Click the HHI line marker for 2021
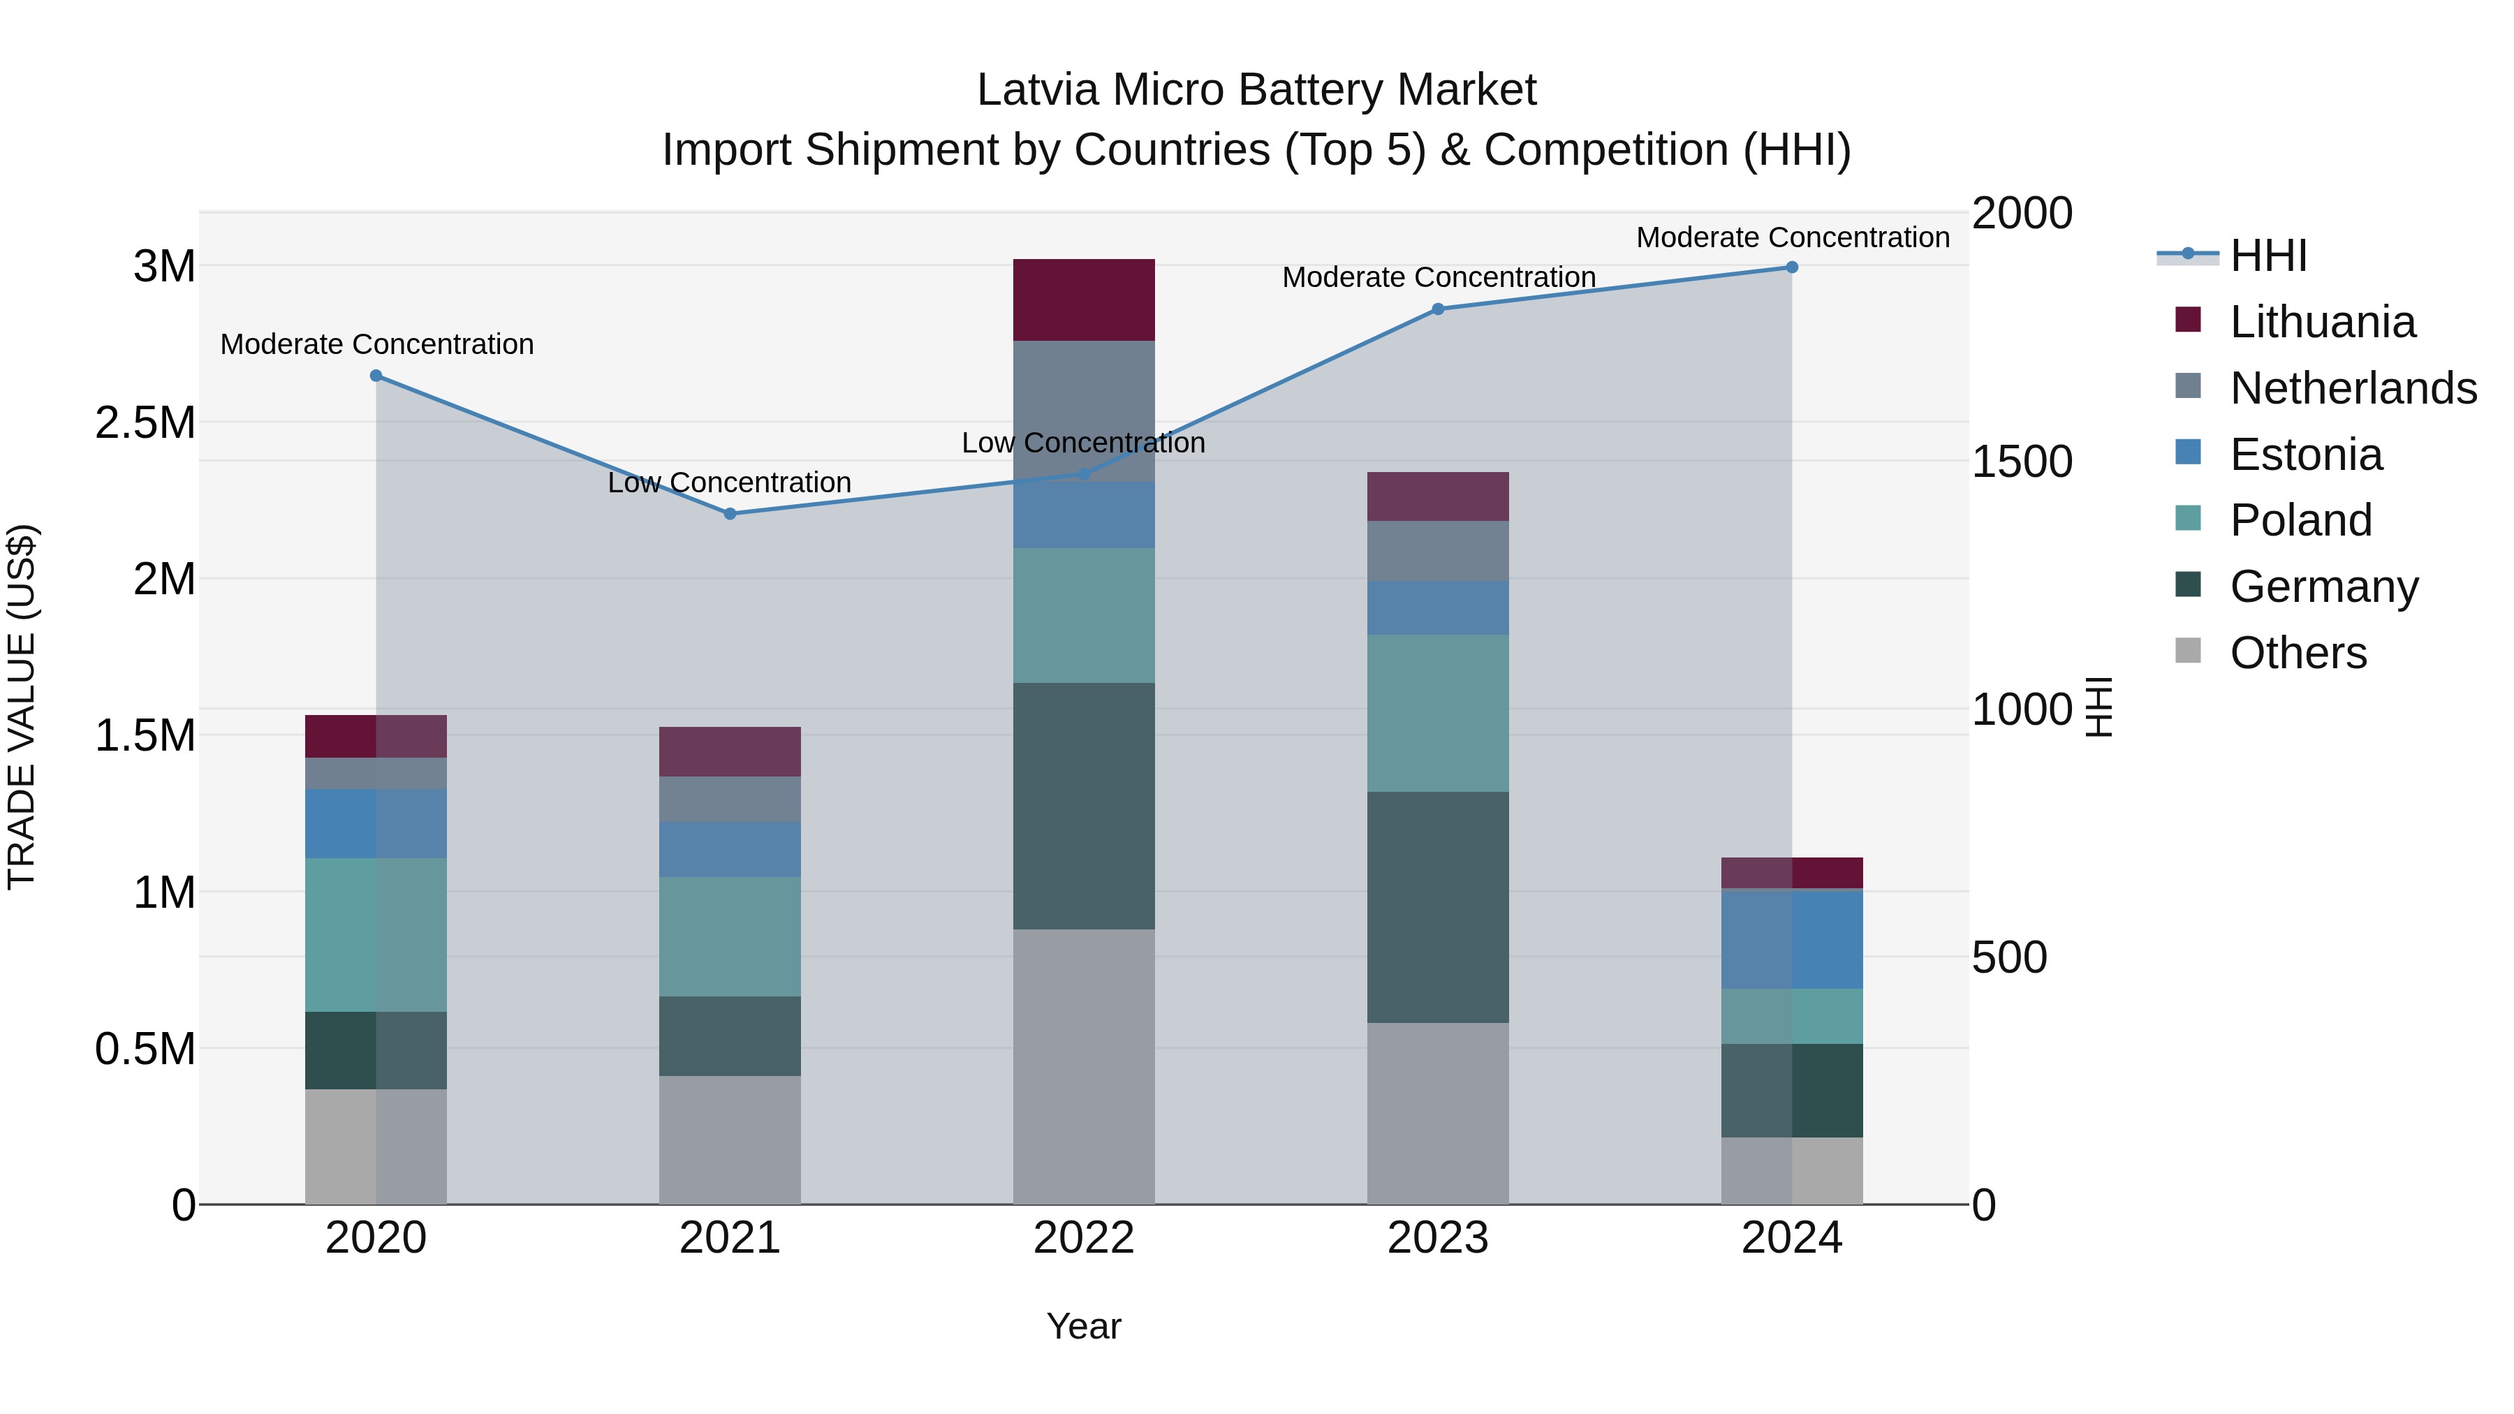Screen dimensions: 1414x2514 point(730,513)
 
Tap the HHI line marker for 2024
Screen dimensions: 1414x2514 point(1792,267)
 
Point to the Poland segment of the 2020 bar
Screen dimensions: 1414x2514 point(376,935)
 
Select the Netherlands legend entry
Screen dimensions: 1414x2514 point(2353,388)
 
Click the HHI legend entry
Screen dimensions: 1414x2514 point(2268,256)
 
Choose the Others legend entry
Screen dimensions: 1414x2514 point(2298,653)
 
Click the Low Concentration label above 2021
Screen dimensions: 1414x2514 point(730,483)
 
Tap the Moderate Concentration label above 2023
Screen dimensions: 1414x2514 point(1439,277)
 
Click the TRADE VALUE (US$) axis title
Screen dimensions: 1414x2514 point(22,707)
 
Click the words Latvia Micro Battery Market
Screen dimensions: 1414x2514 point(1256,90)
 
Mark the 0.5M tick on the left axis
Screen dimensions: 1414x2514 point(145,1049)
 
